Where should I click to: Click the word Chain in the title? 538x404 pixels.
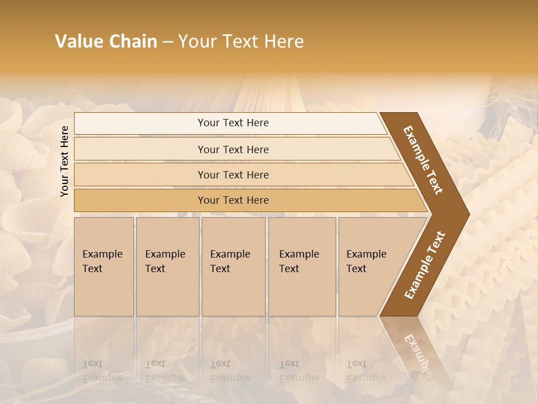[133, 42]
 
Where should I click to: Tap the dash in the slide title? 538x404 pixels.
[168, 42]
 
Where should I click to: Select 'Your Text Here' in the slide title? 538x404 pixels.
[241, 42]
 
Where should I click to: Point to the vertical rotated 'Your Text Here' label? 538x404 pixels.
[64, 161]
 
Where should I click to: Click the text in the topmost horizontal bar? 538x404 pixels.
[233, 123]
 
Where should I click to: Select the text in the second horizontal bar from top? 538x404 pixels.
[233, 149]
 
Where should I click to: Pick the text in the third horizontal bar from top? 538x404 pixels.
[233, 175]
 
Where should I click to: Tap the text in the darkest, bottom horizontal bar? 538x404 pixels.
[233, 200]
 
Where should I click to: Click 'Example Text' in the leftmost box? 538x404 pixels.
[102, 261]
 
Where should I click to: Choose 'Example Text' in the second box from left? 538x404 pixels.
[165, 261]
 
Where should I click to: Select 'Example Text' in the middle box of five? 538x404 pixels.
[230, 261]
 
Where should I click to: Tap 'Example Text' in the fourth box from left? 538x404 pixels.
[299, 261]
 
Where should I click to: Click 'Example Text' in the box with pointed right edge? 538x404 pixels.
[366, 261]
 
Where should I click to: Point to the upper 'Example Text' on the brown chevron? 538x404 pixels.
[423, 160]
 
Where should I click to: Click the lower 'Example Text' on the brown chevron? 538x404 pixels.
[425, 265]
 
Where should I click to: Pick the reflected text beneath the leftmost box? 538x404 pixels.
[102, 371]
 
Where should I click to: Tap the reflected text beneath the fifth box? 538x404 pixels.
[366, 371]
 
